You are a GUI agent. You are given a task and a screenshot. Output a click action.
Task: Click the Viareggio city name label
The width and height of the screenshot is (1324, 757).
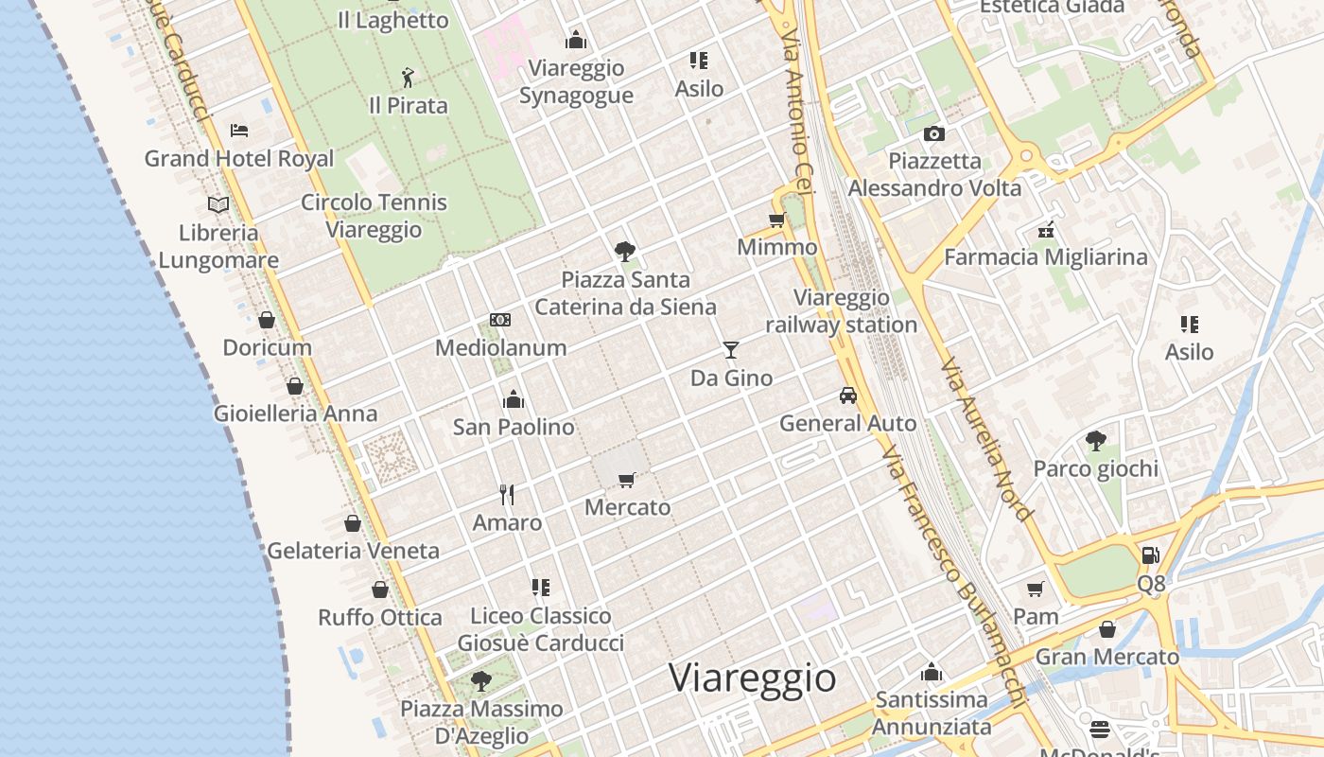click(x=753, y=678)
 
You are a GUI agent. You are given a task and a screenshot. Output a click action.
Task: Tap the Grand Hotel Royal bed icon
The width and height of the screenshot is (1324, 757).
click(x=239, y=130)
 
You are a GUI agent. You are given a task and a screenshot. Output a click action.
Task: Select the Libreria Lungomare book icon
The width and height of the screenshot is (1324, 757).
click(x=218, y=204)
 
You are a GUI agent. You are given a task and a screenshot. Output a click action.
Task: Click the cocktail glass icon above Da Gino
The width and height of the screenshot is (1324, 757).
click(x=730, y=350)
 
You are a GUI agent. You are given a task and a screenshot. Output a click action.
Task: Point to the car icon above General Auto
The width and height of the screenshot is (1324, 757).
click(x=848, y=396)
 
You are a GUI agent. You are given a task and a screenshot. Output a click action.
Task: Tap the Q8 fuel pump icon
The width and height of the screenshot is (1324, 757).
click(x=1150, y=555)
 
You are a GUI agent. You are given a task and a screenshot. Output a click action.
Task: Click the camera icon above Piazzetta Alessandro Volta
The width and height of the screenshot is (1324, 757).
click(x=934, y=133)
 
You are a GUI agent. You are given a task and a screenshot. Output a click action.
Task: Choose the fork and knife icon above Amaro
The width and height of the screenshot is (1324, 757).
click(x=507, y=494)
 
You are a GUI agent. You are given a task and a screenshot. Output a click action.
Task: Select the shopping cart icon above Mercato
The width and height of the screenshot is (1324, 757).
click(x=626, y=480)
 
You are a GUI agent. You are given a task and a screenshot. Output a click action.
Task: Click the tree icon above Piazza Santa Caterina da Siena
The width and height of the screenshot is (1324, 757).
click(x=624, y=252)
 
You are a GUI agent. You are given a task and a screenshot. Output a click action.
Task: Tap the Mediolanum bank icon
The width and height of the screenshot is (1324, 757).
click(x=500, y=320)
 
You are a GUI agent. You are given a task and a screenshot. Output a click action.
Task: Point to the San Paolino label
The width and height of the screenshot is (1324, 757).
click(x=514, y=427)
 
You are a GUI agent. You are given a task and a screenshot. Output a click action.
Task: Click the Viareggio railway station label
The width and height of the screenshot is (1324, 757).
click(x=841, y=311)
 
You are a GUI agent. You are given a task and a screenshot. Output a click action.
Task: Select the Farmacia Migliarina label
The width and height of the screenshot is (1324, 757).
click(x=1045, y=256)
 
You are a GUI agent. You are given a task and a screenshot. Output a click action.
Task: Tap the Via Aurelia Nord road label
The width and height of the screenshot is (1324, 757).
click(x=985, y=440)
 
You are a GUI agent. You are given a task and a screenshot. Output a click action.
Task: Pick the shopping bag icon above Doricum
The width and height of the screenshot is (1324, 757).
click(x=267, y=320)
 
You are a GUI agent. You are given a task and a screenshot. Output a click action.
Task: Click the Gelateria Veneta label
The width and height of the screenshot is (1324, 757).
click(x=353, y=551)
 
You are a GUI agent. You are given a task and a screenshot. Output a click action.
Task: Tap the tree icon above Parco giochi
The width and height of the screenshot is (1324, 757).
click(x=1096, y=440)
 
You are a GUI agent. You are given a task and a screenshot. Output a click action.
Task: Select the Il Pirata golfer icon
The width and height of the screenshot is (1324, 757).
click(x=408, y=77)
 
